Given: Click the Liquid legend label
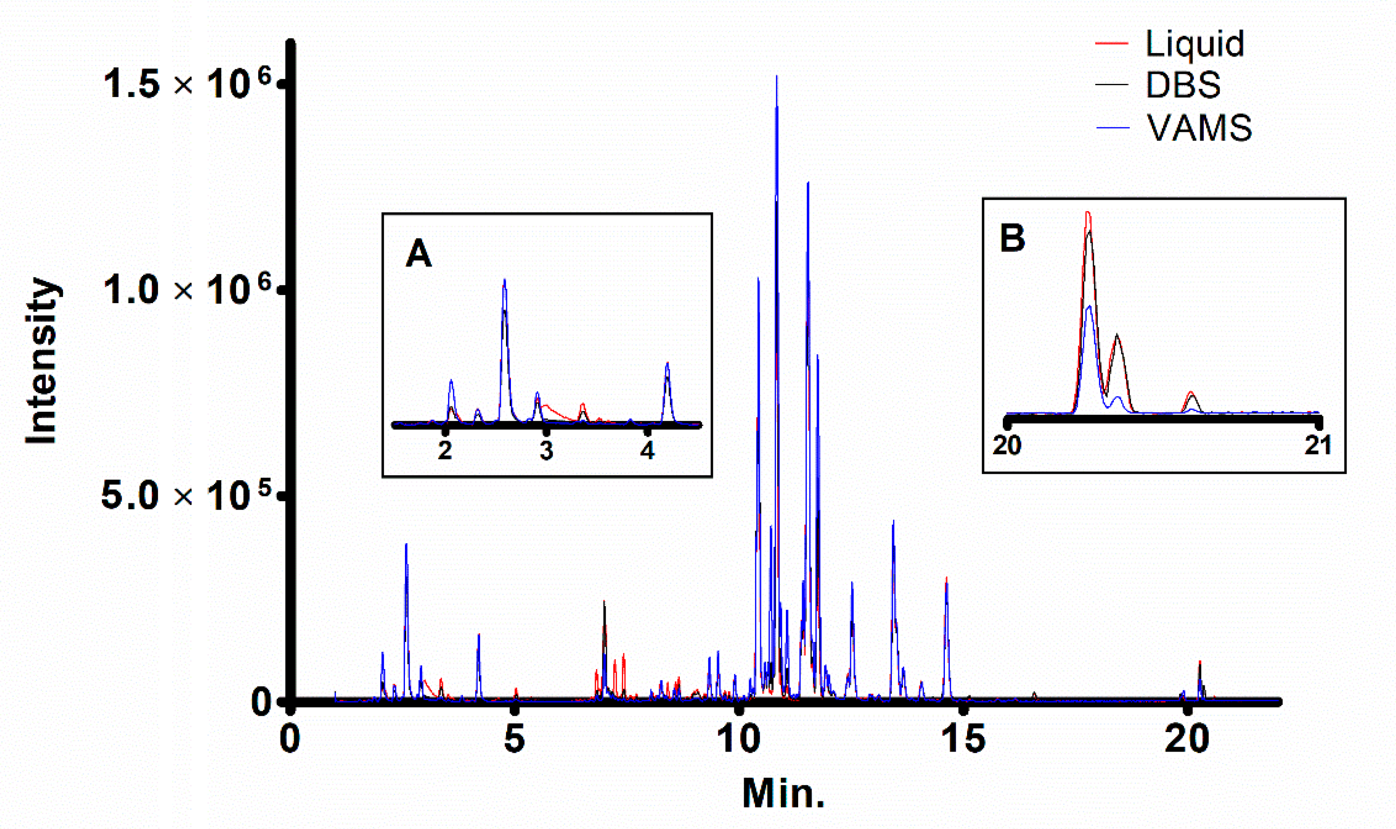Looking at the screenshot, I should pos(1194,43).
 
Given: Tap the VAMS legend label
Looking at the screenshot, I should pos(1199,127).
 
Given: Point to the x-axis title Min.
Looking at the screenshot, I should pos(784,793).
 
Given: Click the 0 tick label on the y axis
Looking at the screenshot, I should pos(261,702).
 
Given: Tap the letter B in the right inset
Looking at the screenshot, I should pos(1012,238).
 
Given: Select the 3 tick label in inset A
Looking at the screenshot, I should pos(546,450).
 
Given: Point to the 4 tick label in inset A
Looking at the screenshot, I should pos(647,450).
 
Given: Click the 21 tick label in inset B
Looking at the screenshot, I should pos(1318,446).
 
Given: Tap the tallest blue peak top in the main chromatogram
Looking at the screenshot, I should pos(777,77).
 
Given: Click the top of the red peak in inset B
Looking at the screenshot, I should pos(1087,212).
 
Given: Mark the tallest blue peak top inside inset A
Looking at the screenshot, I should pos(504,280).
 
